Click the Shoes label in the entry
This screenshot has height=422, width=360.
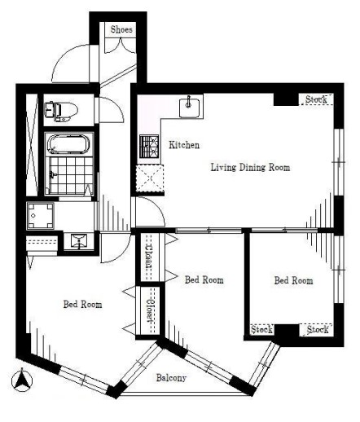tap(121, 29)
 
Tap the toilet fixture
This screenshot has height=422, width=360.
tap(61, 112)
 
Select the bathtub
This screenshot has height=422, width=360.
tap(68, 144)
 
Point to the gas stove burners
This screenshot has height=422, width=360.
tap(149, 147)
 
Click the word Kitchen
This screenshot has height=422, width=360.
tap(184, 145)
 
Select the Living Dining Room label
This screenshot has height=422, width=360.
tap(250, 167)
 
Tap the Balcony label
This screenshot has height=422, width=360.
tap(171, 378)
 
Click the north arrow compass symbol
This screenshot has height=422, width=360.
tap(22, 380)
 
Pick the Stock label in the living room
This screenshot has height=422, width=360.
tap(316, 99)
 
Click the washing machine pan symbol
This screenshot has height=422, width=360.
tap(41, 216)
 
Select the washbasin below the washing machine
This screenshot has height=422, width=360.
tap(79, 241)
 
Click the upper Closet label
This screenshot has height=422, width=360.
tap(149, 257)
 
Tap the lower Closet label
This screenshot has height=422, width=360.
tap(150, 310)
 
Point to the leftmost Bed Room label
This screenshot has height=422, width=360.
tap(83, 304)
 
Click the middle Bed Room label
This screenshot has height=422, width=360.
tap(204, 279)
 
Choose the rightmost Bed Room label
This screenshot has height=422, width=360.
tap(293, 280)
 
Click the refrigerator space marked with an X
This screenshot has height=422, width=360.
tap(150, 178)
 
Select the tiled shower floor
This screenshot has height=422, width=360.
tap(71, 175)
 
